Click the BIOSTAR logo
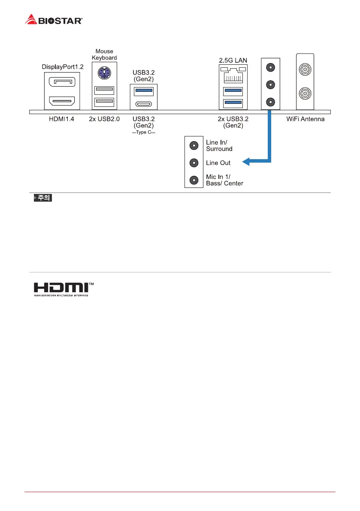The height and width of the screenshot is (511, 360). pos(54,19)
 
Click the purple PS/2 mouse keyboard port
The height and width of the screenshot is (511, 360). pos(104,74)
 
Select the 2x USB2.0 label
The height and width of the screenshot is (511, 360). pos(104,119)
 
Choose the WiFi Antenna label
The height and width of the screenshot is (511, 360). pos(305,119)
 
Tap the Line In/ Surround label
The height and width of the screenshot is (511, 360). pos(219,146)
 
